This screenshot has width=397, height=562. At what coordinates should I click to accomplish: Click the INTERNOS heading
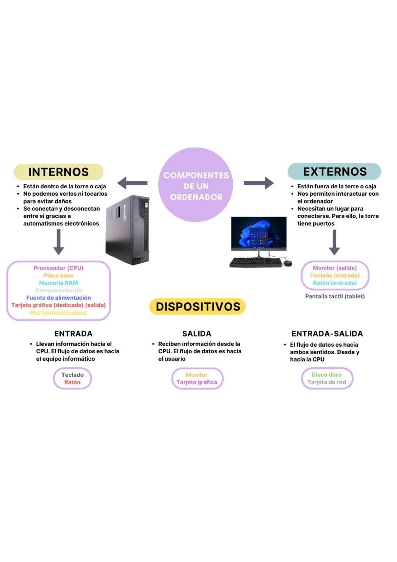(58, 172)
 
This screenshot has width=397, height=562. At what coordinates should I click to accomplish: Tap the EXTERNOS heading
(335, 171)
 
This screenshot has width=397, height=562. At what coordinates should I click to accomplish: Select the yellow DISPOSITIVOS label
(198, 306)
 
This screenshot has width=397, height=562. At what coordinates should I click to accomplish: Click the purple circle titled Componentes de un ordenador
(196, 185)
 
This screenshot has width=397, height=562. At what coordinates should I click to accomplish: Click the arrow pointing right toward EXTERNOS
(259, 183)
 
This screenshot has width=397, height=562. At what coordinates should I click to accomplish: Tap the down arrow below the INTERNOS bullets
(58, 242)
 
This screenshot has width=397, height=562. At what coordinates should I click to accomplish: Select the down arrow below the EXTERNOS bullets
(334, 242)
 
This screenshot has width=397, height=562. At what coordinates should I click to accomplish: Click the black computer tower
(128, 230)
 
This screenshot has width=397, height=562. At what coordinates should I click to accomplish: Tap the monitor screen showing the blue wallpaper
(259, 233)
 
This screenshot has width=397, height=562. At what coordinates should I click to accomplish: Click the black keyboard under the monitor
(255, 262)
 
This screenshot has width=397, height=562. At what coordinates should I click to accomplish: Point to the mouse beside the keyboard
(288, 263)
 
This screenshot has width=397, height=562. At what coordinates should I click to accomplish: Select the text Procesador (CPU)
(58, 268)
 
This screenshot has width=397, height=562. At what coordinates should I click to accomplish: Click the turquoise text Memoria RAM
(58, 283)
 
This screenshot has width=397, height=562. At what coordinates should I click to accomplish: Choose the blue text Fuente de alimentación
(58, 298)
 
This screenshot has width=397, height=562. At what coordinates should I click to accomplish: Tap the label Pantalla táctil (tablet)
(335, 296)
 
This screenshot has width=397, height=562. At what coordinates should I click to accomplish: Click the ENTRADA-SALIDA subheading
(327, 334)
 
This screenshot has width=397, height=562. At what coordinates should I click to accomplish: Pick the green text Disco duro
(326, 374)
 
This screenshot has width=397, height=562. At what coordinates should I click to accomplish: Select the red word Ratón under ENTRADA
(72, 382)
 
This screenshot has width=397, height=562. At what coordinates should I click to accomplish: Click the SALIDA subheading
(197, 334)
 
